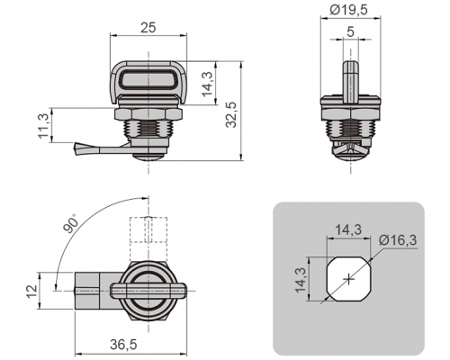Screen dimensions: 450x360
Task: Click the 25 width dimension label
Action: click(x=148, y=28)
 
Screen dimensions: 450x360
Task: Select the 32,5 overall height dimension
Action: click(x=231, y=115)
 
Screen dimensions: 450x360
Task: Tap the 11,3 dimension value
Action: click(x=43, y=126)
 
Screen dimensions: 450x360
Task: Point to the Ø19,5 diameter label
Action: click(x=348, y=10)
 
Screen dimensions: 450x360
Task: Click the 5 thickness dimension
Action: click(x=350, y=31)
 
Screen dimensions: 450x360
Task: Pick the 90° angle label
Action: click(x=71, y=223)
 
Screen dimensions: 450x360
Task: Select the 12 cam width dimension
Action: click(x=31, y=291)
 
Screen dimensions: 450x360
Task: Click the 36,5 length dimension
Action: click(x=123, y=345)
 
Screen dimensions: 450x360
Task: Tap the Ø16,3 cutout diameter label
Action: click(x=398, y=240)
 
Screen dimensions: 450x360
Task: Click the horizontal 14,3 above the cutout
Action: click(x=348, y=230)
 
